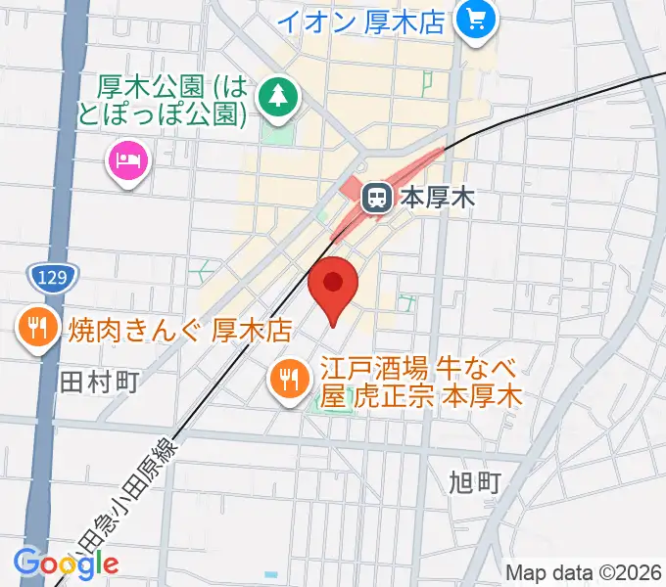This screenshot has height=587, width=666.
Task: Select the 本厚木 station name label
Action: click(x=437, y=199)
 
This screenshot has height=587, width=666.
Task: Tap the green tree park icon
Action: click(x=279, y=96)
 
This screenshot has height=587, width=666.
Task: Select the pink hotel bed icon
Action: click(x=128, y=158)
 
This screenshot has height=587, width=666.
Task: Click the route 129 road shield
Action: click(x=48, y=279)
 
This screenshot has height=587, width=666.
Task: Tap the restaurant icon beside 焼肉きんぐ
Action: click(x=39, y=328)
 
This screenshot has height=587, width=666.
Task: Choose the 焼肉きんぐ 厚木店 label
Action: click(x=181, y=328)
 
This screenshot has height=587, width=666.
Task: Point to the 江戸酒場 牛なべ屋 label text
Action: click(x=421, y=383)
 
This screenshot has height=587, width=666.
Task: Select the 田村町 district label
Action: click(x=102, y=382)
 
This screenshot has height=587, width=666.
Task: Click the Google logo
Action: click(x=66, y=563)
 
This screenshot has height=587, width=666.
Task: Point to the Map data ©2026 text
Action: click(x=583, y=572)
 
